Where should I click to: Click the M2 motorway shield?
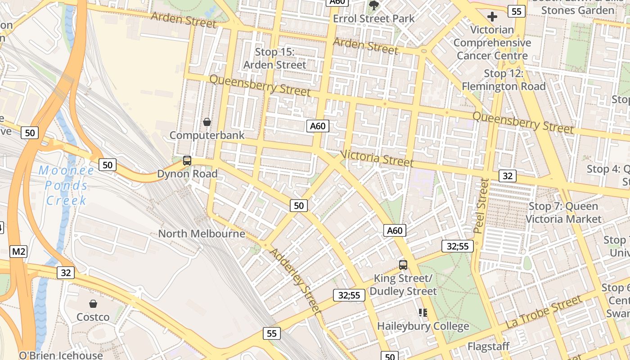[18, 252]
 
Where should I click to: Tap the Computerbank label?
[207, 135]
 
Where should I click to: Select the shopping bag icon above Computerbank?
[207, 122]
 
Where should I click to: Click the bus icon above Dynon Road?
[187, 161]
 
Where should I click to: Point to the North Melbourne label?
[202, 234]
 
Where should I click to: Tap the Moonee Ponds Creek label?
[67, 185]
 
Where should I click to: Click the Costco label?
[93, 317]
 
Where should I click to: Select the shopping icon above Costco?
[93, 304]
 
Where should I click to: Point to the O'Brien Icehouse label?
[61, 355]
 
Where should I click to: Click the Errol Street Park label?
[374, 19]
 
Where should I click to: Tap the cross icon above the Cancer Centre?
[492, 17]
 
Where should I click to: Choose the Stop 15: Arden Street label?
[274, 58]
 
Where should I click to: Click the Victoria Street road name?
[377, 157]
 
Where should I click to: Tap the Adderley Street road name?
[295, 280]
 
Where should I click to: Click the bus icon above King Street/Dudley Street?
[403, 265]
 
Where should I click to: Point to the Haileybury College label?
[423, 326]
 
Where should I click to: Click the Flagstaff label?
[488, 346]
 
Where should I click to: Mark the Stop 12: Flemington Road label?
[504, 80]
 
